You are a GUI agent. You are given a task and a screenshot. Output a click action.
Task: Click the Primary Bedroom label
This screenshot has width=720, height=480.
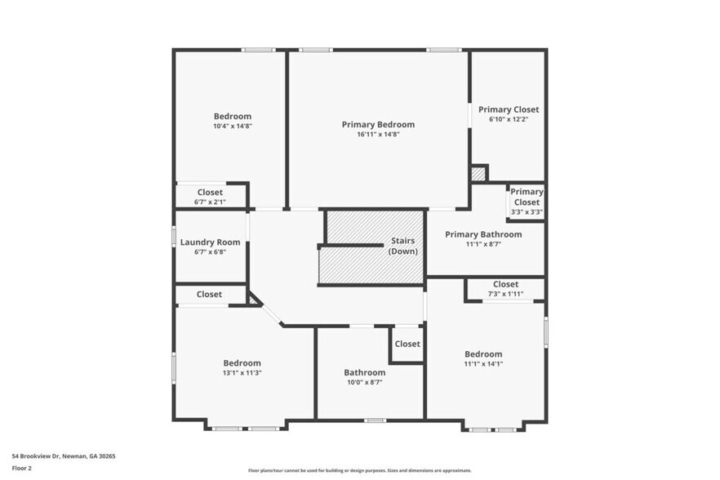(378, 124)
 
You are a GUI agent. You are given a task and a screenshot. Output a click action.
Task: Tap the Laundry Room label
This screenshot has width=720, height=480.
(210, 242)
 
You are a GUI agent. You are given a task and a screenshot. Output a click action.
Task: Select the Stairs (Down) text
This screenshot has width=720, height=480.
(402, 246)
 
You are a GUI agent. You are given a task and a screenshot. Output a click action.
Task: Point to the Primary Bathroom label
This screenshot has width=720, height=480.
(482, 234)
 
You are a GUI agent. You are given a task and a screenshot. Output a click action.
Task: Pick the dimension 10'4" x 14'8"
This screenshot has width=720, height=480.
(233, 126)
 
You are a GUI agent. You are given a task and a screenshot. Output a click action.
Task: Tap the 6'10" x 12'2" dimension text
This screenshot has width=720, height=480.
(509, 119)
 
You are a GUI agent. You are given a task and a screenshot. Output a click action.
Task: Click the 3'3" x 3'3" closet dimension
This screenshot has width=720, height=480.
(527, 212)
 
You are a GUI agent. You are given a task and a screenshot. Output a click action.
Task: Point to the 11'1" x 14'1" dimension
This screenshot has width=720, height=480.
(483, 364)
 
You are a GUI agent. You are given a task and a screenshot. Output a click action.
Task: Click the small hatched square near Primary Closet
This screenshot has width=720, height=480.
(478, 174)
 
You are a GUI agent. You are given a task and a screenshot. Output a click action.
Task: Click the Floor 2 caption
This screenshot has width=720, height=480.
(22, 469)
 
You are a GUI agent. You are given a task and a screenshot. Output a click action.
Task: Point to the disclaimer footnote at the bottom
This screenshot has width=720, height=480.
(359, 470)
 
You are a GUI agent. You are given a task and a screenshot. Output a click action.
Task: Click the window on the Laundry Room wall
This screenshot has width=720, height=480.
(173, 236)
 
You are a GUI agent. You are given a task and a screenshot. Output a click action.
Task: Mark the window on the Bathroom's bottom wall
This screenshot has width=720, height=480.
(375, 420)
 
